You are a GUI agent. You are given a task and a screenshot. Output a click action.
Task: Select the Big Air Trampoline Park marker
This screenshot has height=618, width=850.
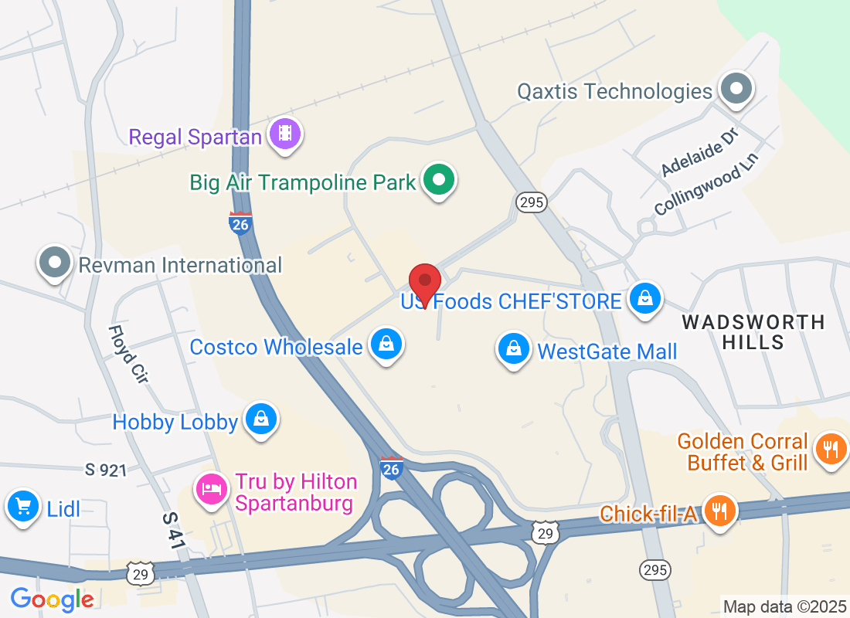440,181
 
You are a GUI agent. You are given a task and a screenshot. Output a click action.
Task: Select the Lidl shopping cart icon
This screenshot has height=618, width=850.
23,507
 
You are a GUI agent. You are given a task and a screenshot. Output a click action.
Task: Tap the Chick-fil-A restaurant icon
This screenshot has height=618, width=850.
719,511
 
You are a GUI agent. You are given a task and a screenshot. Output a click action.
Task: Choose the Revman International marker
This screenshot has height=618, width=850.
55,263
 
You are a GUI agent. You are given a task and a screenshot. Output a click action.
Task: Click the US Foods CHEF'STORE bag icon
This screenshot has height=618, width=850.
644,298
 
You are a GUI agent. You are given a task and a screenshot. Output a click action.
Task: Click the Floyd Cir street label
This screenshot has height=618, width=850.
128,355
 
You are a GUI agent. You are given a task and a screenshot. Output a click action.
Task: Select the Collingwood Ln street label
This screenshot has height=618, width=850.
706,183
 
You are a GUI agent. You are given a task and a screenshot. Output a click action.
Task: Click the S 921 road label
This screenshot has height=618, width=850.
106,470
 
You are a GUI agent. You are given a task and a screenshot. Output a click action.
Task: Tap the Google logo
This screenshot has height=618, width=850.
53,599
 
